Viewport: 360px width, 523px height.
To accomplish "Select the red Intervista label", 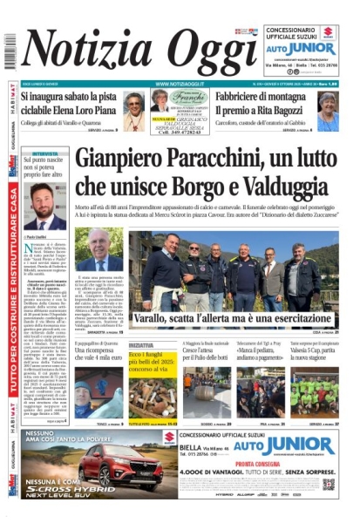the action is coord(44,154).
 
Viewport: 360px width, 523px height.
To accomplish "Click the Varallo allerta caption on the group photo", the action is coord(234,321).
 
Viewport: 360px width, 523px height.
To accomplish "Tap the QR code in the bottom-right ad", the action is coord(329,485).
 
